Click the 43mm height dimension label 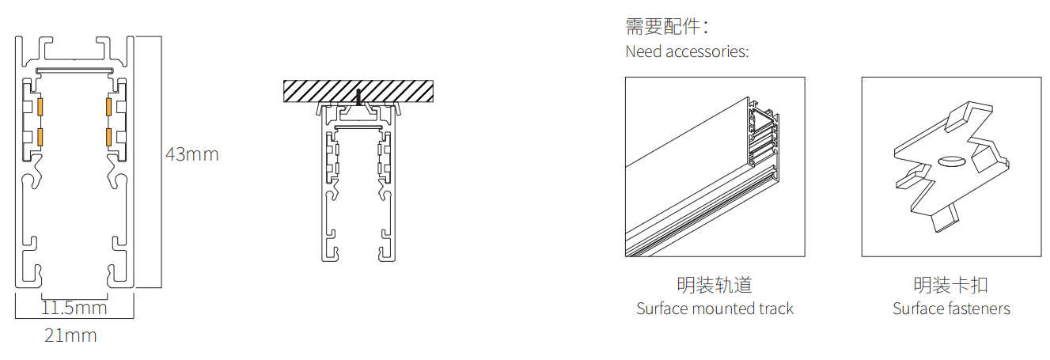tap(191, 154)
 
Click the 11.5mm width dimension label tap(74, 307)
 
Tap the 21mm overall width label tap(70, 335)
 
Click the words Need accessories tap(687, 52)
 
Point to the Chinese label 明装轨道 tap(715, 285)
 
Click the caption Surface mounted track tap(715, 309)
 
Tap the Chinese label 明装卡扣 tap(951, 285)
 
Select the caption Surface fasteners tap(951, 309)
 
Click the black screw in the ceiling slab tap(358, 97)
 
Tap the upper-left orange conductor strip tap(39, 106)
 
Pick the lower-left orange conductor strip tap(39, 137)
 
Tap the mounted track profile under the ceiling tap(358, 182)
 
